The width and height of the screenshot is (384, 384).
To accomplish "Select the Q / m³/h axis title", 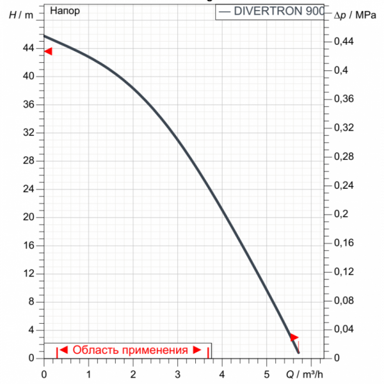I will [300, 374].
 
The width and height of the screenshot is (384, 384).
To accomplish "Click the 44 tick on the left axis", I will [29, 48].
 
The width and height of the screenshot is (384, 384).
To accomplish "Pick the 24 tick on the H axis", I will [29, 189].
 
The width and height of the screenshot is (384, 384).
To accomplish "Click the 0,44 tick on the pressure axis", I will [345, 42].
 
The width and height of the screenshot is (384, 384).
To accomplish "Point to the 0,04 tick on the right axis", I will [345, 330].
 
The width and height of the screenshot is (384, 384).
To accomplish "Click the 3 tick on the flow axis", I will [177, 373].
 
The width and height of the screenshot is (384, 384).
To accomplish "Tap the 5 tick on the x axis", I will [266, 373].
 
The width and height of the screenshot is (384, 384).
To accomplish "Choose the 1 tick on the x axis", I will [88, 373].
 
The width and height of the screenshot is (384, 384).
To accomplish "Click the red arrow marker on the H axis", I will [48, 51].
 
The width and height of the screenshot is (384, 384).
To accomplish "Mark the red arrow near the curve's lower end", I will [293, 337].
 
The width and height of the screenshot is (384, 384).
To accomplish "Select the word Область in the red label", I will [93, 350].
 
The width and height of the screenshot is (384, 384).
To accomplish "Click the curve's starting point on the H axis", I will [44, 36].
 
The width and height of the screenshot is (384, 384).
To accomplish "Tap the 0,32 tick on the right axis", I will [345, 128].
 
